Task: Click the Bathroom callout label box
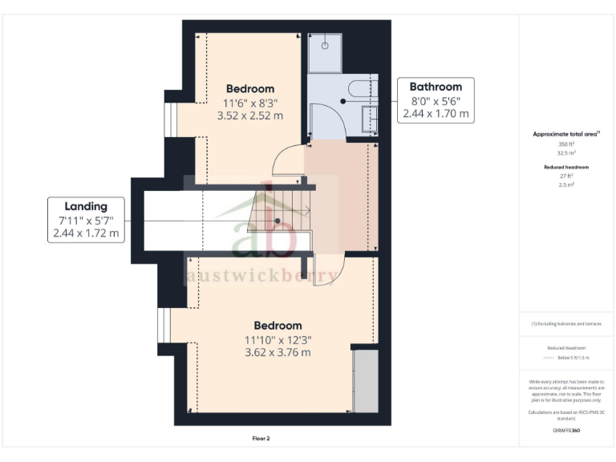(436, 100)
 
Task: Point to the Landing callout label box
(86, 220)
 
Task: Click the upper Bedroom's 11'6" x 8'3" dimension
(249, 103)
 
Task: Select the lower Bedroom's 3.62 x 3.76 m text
(278, 352)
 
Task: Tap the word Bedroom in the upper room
(249, 88)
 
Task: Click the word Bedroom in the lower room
(278, 325)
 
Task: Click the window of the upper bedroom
(169, 119)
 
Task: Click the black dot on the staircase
(278, 221)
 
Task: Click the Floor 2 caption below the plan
(261, 439)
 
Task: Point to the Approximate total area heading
(566, 134)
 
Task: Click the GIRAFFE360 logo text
(566, 432)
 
